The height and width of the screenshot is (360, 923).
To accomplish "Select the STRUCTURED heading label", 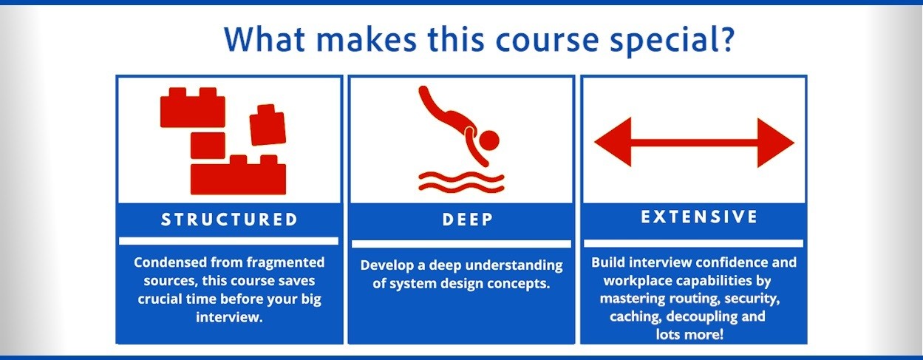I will tap(229, 220).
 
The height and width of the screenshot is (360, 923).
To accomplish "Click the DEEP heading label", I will tap(461, 220).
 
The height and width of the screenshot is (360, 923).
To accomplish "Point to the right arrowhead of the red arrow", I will tap(776, 142).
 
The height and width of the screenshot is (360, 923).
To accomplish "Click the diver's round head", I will tap(488, 139).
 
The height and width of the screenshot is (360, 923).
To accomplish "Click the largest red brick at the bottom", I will tap(238, 177).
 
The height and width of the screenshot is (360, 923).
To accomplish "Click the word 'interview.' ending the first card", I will tap(228, 317).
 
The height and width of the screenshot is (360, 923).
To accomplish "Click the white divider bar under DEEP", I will tap(461, 243).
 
